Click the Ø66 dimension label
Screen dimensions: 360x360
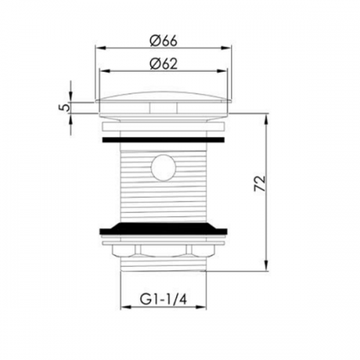point(163,41)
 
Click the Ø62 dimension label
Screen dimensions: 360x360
point(163,64)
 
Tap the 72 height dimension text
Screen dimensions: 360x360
point(260,184)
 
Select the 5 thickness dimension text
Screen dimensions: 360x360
point(63,107)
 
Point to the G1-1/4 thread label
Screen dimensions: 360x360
point(163,300)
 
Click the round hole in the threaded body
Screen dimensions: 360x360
point(163,167)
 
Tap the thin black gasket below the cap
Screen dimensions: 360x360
point(163,140)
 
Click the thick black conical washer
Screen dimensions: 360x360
point(163,228)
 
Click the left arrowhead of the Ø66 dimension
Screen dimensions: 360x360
point(100,48)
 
